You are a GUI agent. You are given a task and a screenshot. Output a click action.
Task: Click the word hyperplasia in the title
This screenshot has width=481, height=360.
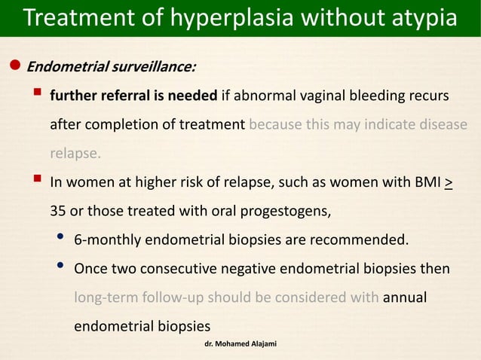coord(226,18)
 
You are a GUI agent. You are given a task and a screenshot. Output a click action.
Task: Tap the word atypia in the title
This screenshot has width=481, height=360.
coord(418,18)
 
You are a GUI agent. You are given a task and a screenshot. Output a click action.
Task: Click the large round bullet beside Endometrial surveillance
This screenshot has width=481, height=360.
coord(14,66)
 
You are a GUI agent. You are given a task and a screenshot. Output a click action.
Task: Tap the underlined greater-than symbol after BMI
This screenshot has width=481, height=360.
coord(449,182)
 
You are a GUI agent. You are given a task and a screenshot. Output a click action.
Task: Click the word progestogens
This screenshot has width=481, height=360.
coord(289,211)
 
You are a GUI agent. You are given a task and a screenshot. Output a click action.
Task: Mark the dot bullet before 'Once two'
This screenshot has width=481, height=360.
coord(60,268)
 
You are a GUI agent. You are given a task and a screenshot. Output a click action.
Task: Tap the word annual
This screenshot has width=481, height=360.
coord(405,298)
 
